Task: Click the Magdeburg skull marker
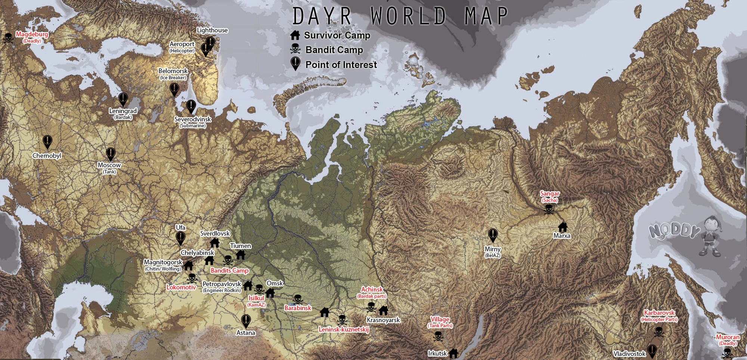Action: pos(8,38)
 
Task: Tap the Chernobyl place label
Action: pos(47,156)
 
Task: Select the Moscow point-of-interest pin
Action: pos(111,153)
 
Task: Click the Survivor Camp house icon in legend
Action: pos(295,35)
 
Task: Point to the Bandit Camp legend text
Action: pos(334,50)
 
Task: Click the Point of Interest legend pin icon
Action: pos(295,63)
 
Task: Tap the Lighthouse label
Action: pos(212,30)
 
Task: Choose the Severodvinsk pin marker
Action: pos(191,106)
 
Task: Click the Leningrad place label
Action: pos(123,111)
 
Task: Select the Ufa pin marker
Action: pos(180,238)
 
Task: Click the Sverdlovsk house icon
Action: pos(215,243)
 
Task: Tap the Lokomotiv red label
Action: pos(181,287)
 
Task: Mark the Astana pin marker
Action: pos(246,320)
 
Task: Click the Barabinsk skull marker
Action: pos(297,299)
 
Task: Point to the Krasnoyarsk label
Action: pos(383,320)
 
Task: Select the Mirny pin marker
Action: pos(493,235)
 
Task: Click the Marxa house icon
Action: pos(562,227)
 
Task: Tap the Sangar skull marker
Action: pos(549,210)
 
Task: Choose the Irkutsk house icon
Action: pos(453,353)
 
